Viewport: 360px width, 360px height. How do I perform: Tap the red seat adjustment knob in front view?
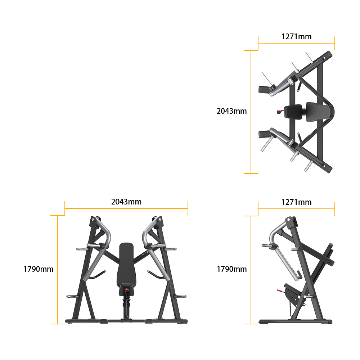pos(126,290)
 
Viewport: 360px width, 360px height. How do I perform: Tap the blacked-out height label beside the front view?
pos(39,269)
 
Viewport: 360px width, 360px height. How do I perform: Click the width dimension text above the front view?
pos(126,202)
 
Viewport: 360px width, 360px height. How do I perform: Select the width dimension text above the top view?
pos(296,36)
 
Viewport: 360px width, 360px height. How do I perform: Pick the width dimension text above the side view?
pos(296,202)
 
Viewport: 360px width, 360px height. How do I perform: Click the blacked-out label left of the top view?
pos(231,111)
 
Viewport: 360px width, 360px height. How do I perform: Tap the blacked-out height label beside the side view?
pos(231,269)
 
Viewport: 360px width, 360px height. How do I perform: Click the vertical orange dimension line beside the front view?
pos(58,270)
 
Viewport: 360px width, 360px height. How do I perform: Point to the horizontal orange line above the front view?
pos(126,208)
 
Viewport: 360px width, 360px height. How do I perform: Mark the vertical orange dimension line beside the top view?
pos(251,112)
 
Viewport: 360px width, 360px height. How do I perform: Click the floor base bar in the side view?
pos(295,321)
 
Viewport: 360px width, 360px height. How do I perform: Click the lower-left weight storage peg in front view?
pos(71,296)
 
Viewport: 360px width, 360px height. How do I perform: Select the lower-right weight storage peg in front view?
pos(181,296)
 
